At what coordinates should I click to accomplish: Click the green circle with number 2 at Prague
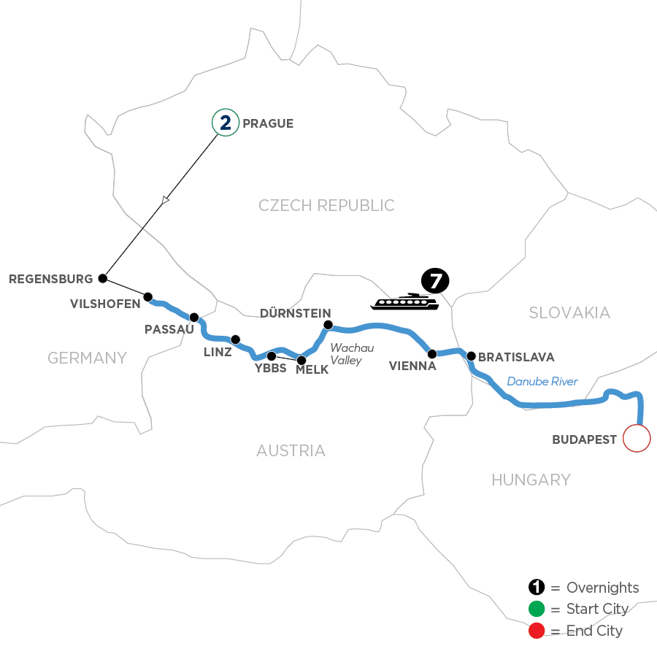226,123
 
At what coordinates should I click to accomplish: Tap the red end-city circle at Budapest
635,439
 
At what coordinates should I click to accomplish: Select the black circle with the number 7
435,281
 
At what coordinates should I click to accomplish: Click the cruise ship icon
404,301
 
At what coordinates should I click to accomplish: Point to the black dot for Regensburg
103,278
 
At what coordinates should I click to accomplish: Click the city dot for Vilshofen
148,297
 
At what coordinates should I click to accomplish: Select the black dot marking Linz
235,339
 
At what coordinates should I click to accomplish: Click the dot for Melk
301,360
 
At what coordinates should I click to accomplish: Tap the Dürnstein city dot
328,325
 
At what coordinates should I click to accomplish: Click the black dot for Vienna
432,354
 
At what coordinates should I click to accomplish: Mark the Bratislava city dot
472,356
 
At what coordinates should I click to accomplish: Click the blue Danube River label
542,381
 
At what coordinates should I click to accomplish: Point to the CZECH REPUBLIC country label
326,206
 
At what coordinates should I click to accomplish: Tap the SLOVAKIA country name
569,312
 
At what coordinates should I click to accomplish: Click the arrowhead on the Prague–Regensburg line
166,199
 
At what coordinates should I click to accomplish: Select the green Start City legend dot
537,609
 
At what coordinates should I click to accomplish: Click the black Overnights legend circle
537,588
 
